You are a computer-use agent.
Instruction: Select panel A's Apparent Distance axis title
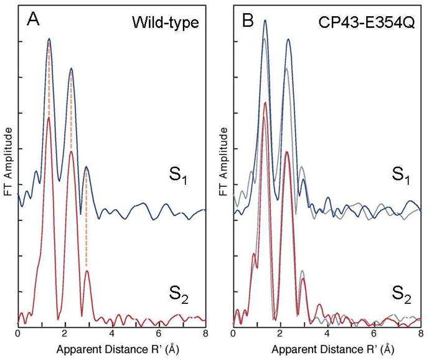112,350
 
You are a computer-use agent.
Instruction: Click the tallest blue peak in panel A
49,39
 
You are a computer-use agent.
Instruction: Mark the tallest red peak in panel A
49,118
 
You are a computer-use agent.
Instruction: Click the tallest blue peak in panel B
265,21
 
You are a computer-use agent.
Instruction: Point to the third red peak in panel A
87,271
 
